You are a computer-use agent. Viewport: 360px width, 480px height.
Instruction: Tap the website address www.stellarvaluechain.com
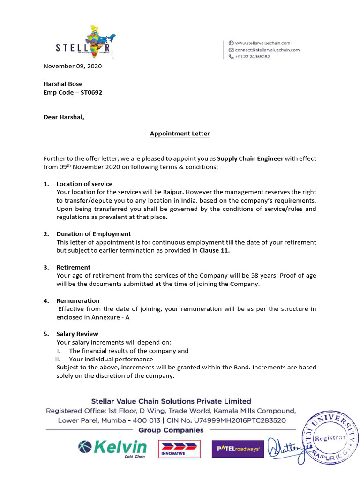[x=262, y=43]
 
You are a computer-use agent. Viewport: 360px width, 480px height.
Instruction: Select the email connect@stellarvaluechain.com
[x=267, y=50]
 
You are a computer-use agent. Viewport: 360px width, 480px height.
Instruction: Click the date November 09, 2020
[x=72, y=66]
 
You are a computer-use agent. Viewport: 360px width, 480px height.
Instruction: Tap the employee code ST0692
[x=91, y=92]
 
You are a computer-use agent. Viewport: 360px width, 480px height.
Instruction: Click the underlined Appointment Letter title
[x=180, y=134]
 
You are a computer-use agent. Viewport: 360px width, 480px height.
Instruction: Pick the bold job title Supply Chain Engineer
[x=250, y=158]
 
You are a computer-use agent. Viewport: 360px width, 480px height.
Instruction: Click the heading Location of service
[x=84, y=184]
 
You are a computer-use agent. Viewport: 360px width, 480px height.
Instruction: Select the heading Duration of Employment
[x=93, y=234]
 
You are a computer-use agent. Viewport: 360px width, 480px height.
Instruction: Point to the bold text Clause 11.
[x=214, y=250]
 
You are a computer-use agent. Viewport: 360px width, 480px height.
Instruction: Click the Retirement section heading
[x=73, y=267]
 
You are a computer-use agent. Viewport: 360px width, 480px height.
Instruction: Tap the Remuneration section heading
[x=78, y=300]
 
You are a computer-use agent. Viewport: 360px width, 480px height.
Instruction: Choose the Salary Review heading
[x=77, y=334]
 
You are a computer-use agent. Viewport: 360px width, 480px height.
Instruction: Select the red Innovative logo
[x=179, y=449]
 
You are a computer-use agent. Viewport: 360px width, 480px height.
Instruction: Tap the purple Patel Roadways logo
[x=238, y=449]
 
